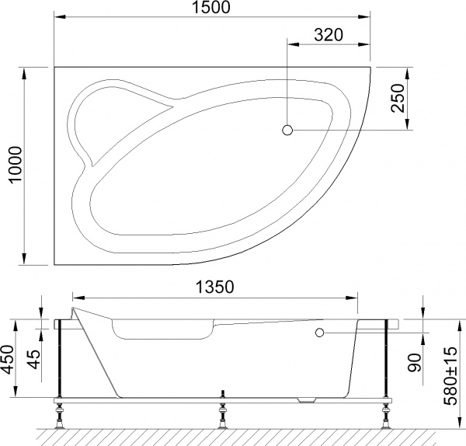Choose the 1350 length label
coord(213,287)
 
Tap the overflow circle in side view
coord(319,333)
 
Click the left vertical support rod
coord(58,357)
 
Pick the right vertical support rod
coord(386,357)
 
